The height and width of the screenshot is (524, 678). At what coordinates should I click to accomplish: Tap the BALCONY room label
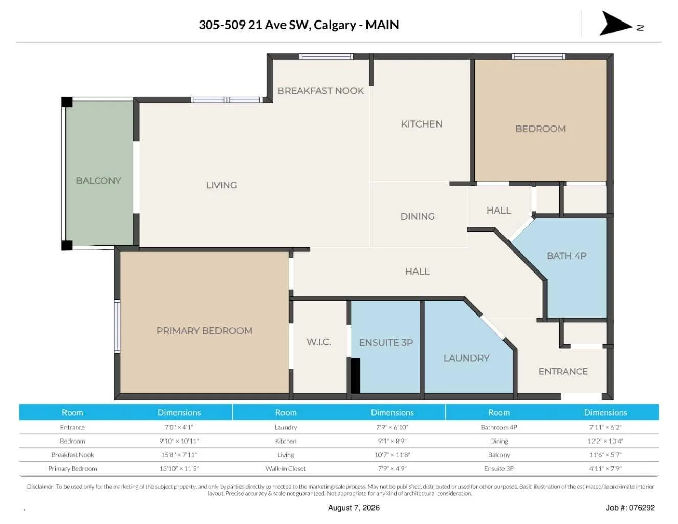pyautogui.click(x=99, y=181)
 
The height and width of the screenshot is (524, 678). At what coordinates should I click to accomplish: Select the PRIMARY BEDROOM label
pyautogui.click(x=204, y=331)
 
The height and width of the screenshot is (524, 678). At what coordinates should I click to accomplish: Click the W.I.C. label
pyautogui.click(x=319, y=342)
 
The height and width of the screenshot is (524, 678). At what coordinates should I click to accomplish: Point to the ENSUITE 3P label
pyautogui.click(x=386, y=343)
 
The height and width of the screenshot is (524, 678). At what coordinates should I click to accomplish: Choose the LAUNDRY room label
pyautogui.click(x=466, y=358)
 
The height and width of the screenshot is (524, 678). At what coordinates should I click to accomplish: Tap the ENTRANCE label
pyautogui.click(x=563, y=371)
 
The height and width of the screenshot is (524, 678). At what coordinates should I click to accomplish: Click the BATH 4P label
pyautogui.click(x=566, y=256)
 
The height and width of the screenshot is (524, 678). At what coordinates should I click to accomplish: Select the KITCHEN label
pyautogui.click(x=422, y=124)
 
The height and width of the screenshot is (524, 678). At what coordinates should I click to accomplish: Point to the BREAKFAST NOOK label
pyautogui.click(x=321, y=91)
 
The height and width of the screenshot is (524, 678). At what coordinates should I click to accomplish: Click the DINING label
pyautogui.click(x=418, y=216)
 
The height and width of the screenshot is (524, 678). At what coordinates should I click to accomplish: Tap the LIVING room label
pyautogui.click(x=222, y=185)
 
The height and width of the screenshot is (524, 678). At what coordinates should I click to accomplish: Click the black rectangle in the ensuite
pyautogui.click(x=356, y=375)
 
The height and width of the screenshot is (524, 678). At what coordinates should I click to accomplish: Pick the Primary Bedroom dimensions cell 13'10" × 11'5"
pyautogui.click(x=179, y=468)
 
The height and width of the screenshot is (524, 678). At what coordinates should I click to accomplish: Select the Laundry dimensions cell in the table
pyautogui.click(x=392, y=427)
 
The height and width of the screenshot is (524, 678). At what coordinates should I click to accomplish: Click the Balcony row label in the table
pyautogui.click(x=499, y=455)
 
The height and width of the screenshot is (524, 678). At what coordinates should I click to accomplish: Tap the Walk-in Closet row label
pyautogui.click(x=286, y=468)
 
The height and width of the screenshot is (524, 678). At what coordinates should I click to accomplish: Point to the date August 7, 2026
pyautogui.click(x=354, y=508)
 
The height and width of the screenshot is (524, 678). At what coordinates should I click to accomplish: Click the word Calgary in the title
pyautogui.click(x=335, y=25)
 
